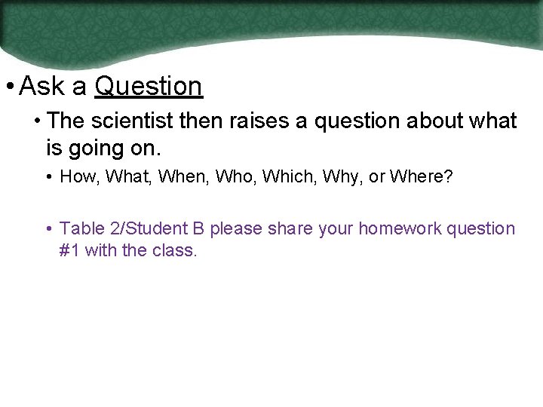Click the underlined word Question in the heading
coord(149,87)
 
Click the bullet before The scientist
coord(36,121)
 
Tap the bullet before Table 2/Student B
coord(48,228)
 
